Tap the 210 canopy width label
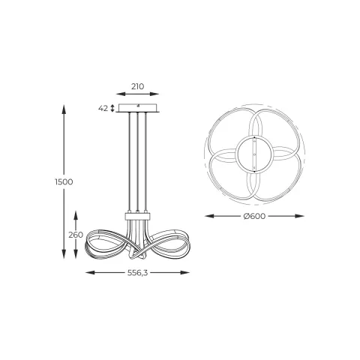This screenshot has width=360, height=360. (137, 87)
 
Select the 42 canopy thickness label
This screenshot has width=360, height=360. (103, 108)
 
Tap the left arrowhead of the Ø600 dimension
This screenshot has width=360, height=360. (208, 216)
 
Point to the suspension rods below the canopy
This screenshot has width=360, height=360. (137, 161)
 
